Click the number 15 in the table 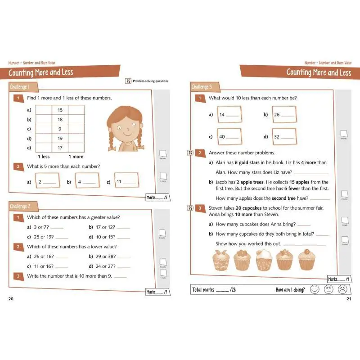point(60,110)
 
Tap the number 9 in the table point(60,129)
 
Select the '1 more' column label point(76,157)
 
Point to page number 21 point(348,299)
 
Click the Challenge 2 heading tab point(21,206)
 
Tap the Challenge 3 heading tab point(202,87)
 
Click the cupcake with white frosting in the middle point(265,260)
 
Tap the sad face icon point(342,289)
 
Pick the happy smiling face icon point(315,289)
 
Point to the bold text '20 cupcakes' point(250,208)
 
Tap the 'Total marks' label point(203,290)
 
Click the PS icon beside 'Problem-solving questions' point(129,81)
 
